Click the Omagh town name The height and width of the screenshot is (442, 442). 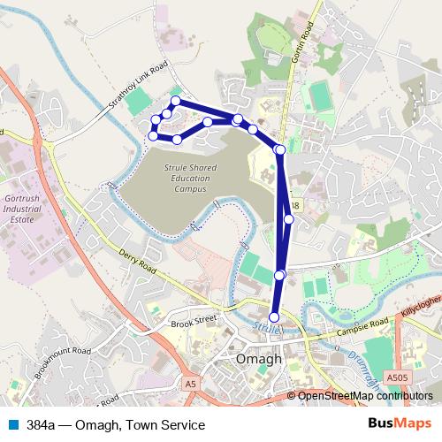pyautogui.click(x=259, y=360)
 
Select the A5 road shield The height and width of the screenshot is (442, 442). pyautogui.click(x=191, y=383)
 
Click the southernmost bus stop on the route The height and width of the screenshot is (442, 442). pyautogui.click(x=274, y=317)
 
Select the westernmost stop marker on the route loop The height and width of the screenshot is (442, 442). pyautogui.click(x=153, y=136)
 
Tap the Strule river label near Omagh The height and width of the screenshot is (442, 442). pyautogui.click(x=263, y=326)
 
